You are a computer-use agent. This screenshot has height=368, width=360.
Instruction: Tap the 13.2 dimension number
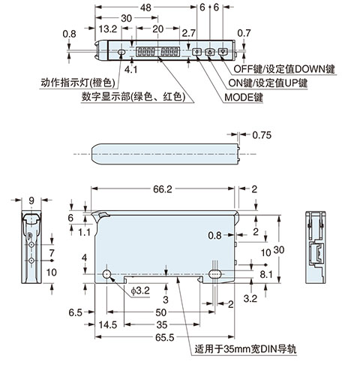[x=109, y=30]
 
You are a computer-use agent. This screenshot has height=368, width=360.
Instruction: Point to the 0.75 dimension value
[x=262, y=135]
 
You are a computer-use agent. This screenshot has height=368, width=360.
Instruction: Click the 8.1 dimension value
[x=266, y=275]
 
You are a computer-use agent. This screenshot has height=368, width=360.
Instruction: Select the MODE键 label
[x=243, y=96]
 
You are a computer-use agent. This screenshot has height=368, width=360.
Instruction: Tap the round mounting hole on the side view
[x=109, y=273]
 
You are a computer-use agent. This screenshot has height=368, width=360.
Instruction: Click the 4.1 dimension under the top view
[x=130, y=70]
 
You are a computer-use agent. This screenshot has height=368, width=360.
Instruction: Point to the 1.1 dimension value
[x=82, y=232]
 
